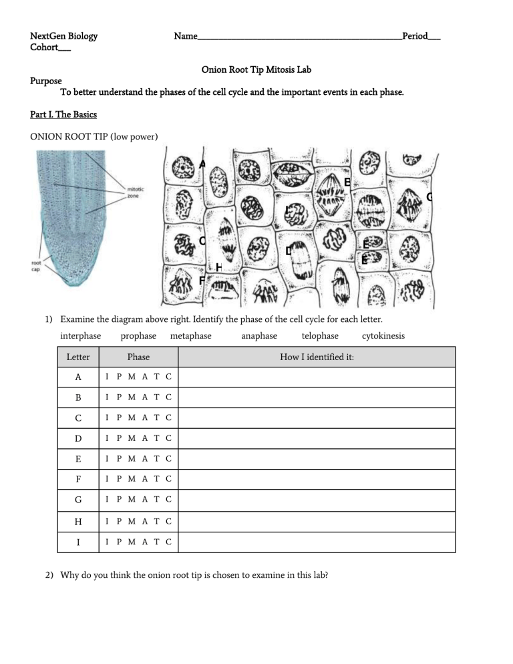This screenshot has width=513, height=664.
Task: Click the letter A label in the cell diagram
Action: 202,164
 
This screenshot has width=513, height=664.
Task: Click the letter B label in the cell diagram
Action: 347,182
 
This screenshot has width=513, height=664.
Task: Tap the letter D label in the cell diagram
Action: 288,251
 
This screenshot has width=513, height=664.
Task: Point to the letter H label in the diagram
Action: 218,267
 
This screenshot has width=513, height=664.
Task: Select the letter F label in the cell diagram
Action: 202,281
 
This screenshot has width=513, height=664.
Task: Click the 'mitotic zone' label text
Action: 136,193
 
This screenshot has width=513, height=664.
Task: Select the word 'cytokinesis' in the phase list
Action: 383,335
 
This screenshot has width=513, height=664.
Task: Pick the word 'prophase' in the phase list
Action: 138,335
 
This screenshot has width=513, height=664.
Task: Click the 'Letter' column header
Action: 78,357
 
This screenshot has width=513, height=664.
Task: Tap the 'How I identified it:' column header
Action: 317,357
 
